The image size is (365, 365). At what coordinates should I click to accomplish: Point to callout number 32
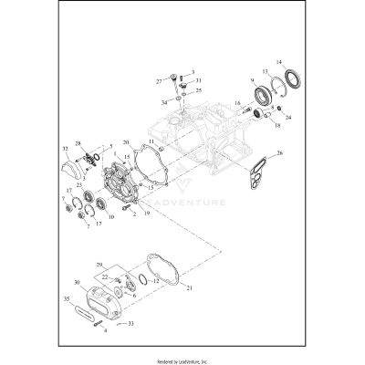[65, 147]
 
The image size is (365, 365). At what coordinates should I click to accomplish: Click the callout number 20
[125, 143]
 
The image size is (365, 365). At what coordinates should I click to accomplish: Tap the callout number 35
[66, 297]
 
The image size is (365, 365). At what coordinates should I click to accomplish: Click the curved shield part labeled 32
[72, 167]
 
